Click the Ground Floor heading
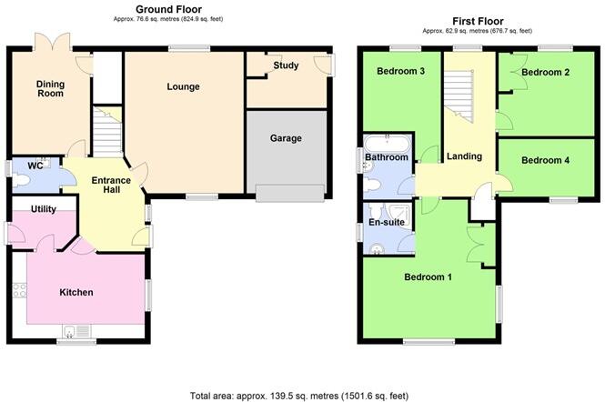click(168, 8)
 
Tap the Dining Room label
click(51, 90)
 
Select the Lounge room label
click(183, 87)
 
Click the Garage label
click(286, 138)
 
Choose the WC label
click(36, 166)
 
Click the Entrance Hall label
click(112, 186)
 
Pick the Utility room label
click(44, 209)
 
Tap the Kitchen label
click(76, 292)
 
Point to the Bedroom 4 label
click(546, 160)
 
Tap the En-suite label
click(386, 221)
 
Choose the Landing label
click(464, 156)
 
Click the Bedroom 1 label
click(428, 276)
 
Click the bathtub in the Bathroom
click(387, 142)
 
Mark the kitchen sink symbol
click(72, 331)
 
